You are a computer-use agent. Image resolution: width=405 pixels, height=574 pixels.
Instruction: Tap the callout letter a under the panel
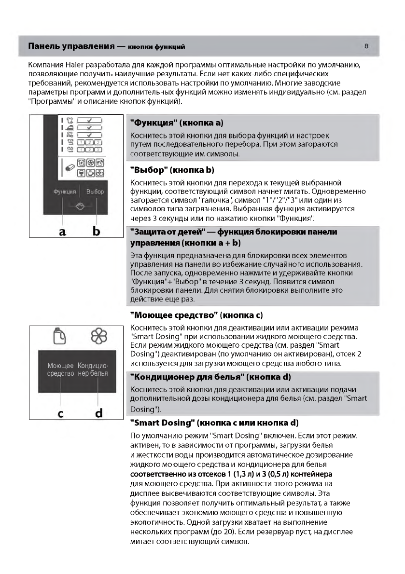(62, 231)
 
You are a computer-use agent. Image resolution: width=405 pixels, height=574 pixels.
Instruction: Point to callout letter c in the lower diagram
(60, 413)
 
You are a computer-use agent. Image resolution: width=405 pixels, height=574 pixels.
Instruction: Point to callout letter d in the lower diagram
(98, 412)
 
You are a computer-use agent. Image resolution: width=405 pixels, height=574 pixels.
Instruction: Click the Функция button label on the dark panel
(65, 192)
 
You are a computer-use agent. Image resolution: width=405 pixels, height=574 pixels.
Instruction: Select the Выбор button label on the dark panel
(95, 192)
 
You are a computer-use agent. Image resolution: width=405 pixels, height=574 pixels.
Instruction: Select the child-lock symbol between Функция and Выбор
(80, 204)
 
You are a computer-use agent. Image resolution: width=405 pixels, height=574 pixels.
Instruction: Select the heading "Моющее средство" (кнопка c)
(196, 315)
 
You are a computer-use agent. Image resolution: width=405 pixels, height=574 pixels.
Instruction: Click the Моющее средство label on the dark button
(61, 369)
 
